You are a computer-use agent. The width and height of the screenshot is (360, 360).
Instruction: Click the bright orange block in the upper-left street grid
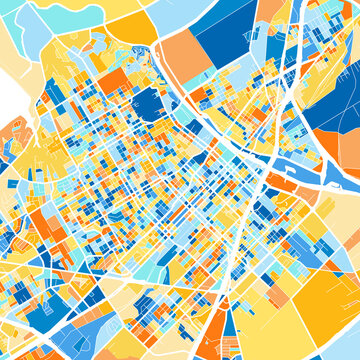(113, 80)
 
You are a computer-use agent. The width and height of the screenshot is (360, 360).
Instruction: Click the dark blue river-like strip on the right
(300, 180)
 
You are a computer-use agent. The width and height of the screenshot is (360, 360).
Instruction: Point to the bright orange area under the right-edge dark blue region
(340, 150)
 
